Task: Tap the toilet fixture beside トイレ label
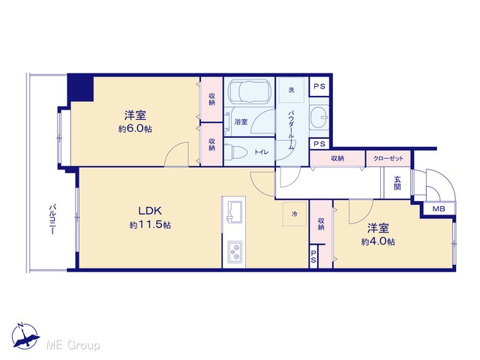tap(238, 151)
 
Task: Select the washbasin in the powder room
tap(319, 118)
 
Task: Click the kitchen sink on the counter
tap(234, 211)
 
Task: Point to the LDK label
tap(150, 211)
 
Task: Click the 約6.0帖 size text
tap(135, 128)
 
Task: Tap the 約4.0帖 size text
tap(378, 241)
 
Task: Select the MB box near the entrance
tap(439, 209)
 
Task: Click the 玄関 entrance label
tap(397, 183)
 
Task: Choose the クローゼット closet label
tap(388, 158)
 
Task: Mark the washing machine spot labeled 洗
tap(292, 90)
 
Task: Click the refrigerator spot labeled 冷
tap(295, 214)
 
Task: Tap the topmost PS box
tap(319, 86)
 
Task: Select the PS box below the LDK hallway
tap(313, 256)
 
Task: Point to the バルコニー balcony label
tap(52, 220)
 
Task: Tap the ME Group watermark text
tap(73, 345)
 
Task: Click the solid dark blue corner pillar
tap(80, 88)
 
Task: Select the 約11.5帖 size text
tap(150, 225)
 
